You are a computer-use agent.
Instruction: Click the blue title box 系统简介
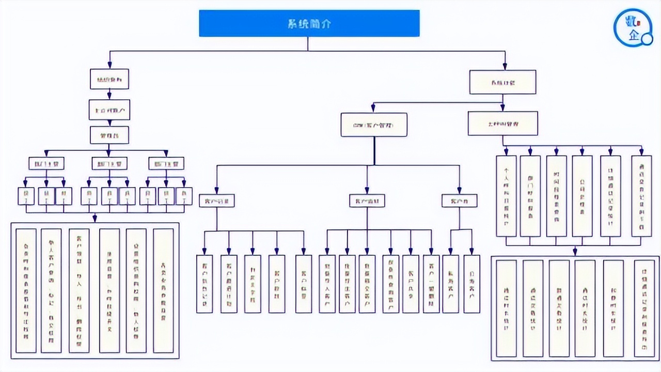pos(309,23)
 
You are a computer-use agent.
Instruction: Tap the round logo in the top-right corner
pos(633,29)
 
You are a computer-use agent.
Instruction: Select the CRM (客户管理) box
pos(374,125)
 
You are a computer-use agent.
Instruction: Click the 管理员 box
pos(109,135)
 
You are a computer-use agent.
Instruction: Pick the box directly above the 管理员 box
pos(109,110)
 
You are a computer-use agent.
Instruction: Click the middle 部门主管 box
pos(109,164)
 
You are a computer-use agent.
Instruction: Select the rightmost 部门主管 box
pos(166,164)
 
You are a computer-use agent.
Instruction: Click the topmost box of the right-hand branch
pos(502,82)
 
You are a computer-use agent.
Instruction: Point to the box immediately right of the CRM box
pos(502,124)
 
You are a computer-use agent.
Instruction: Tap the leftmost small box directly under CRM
pos(217,200)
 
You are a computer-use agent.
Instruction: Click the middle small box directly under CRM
pos(367,200)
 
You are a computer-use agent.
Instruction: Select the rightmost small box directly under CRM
pos(459,200)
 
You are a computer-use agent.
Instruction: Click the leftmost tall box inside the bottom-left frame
pos(26,290)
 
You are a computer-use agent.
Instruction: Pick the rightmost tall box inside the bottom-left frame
pos(163,290)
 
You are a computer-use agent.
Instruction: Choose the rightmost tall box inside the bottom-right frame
pos(643,308)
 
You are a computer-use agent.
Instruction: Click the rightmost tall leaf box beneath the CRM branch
pos(471,284)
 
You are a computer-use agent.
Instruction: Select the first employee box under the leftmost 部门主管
pos(26,196)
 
